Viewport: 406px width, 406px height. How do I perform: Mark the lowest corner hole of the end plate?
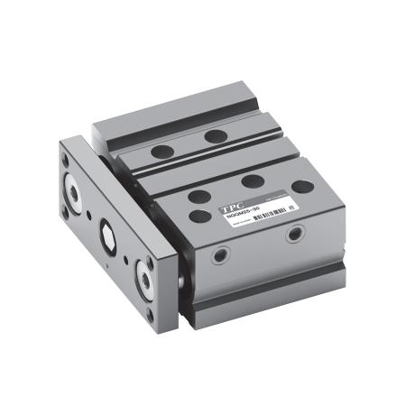tap(150, 314)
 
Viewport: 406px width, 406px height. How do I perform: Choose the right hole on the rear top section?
tap(215, 136)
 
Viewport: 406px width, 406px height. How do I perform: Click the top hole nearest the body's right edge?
tap(302, 187)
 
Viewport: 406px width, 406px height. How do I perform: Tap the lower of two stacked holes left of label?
tap(196, 216)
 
